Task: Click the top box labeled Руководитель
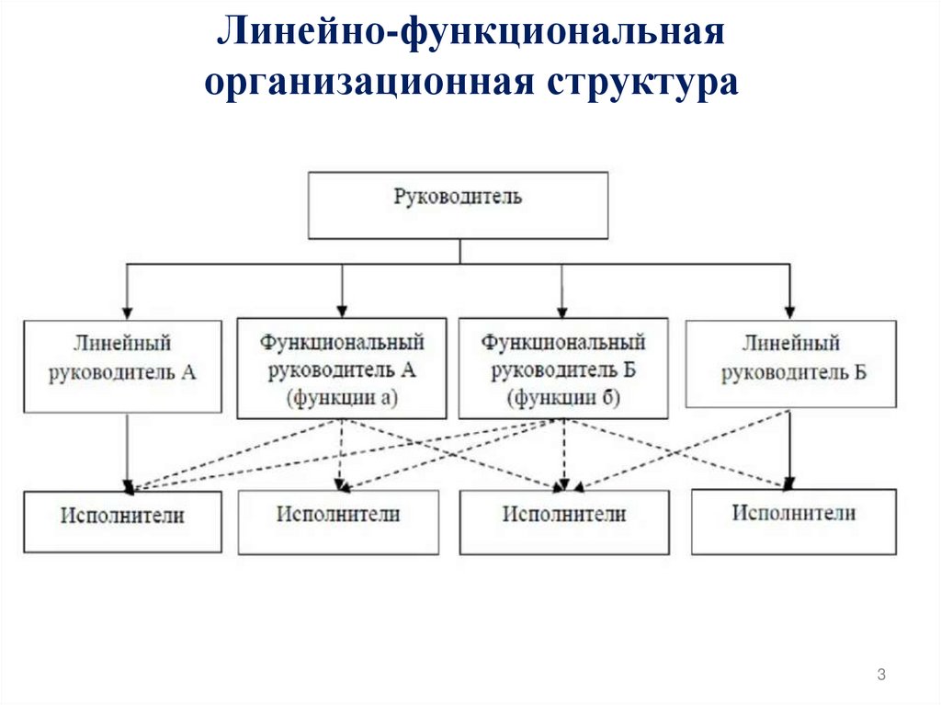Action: click(457, 205)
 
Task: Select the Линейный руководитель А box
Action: click(122, 365)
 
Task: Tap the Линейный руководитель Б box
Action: click(790, 363)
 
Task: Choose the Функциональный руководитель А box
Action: click(342, 368)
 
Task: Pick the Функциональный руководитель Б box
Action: click(563, 368)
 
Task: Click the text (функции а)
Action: click(342, 398)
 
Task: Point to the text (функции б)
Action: click(563, 398)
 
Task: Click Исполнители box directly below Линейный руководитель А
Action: click(122, 521)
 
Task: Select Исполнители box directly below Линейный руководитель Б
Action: click(793, 520)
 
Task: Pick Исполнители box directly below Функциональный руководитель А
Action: click(338, 521)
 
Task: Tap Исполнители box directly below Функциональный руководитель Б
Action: click(563, 522)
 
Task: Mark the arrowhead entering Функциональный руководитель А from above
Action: click(342, 311)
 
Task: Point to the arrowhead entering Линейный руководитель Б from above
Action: click(788, 312)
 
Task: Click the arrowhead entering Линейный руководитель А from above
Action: click(126, 313)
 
